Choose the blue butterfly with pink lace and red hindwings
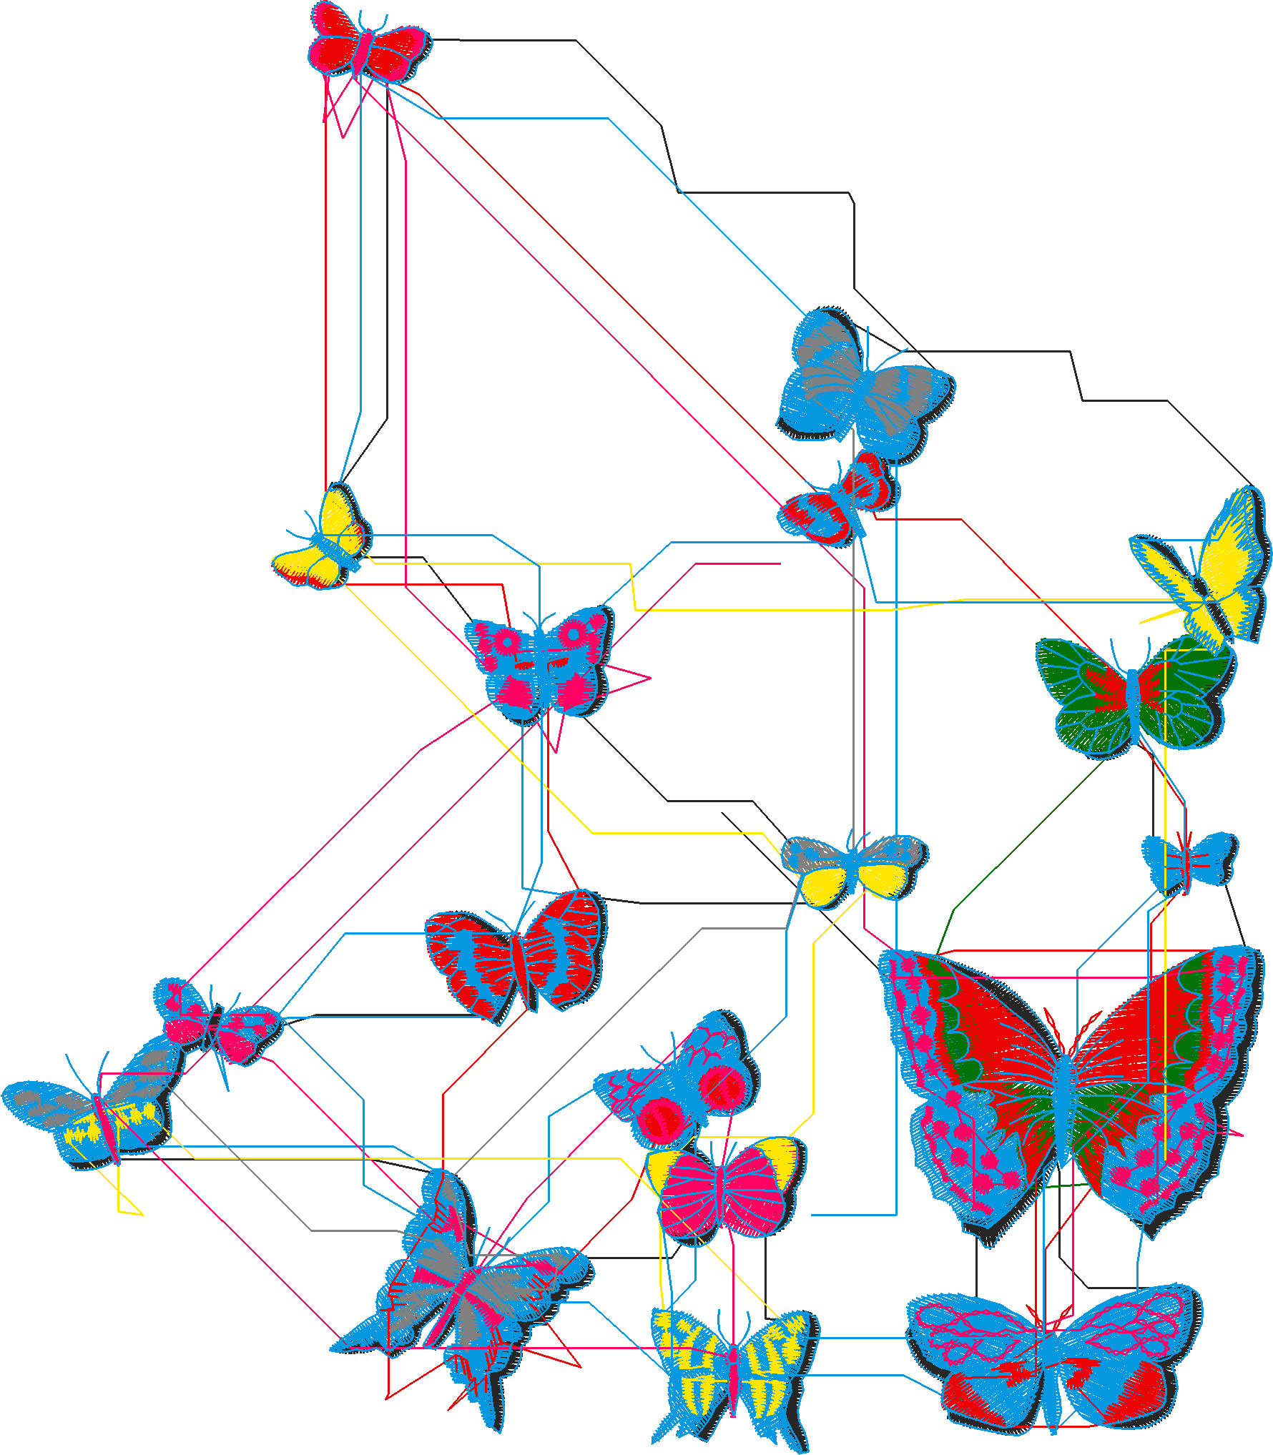[1051, 1358]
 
